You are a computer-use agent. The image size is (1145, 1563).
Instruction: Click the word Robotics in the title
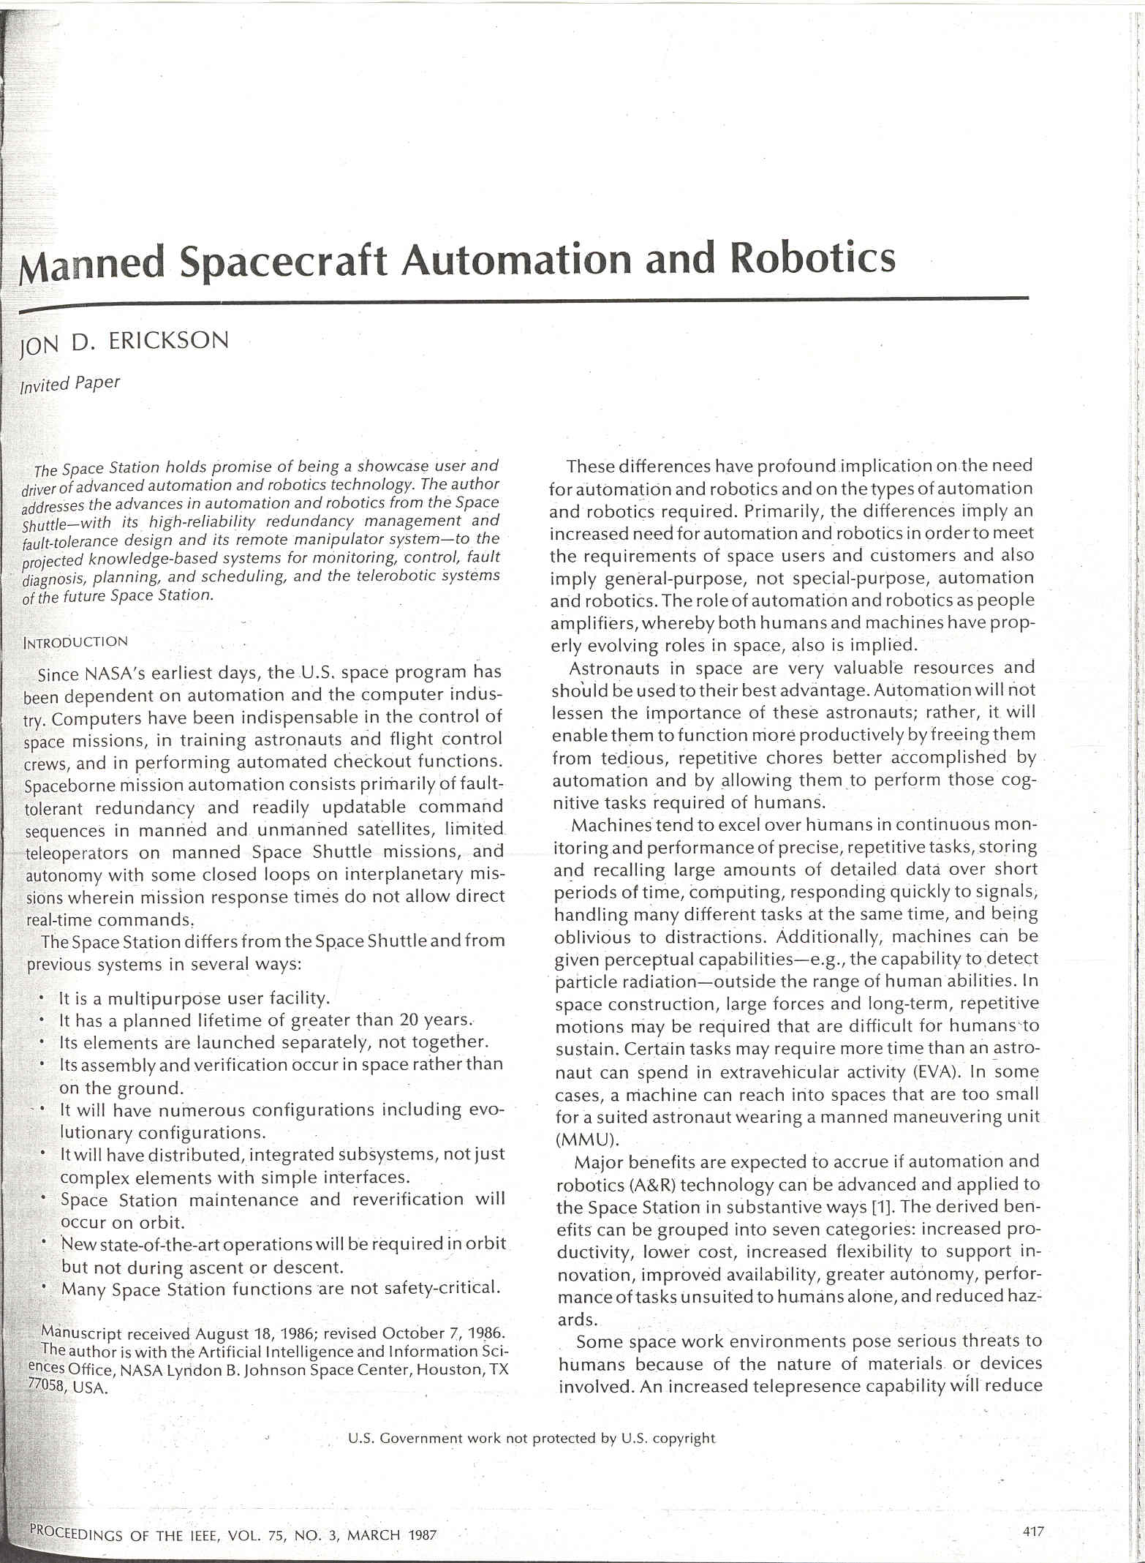click(813, 258)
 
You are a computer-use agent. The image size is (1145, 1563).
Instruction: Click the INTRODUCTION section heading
click(76, 642)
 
